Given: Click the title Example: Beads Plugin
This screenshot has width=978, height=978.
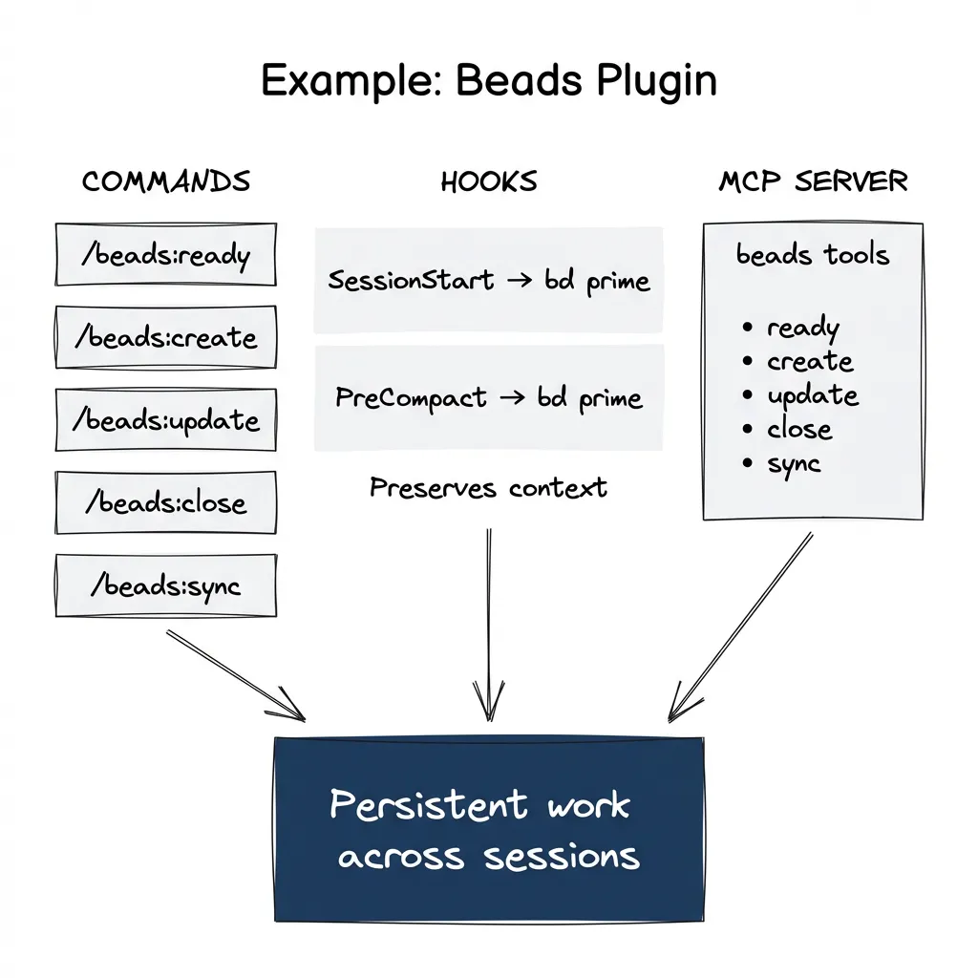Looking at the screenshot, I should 488,82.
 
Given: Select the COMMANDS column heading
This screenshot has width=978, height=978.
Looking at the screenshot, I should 166,181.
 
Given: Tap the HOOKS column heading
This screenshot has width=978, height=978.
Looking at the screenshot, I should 489,181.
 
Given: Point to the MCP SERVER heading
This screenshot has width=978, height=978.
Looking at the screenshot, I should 813,181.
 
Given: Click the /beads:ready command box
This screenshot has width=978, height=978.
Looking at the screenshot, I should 166,255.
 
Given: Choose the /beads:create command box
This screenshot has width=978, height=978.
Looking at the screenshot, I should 166,338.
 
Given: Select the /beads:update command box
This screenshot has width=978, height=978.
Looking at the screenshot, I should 166,420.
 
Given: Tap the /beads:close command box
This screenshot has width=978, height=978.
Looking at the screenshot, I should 166,503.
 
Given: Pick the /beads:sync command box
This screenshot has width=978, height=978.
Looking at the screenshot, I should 166,585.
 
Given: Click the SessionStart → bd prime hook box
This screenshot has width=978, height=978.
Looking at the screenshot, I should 488,281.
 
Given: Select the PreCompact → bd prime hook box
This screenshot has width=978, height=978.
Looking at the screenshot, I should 488,398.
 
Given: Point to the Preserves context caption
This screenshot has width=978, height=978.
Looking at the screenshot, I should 488,488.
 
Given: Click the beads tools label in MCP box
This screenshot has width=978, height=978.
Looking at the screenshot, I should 813,255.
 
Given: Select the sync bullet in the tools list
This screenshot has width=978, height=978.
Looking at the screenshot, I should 793,465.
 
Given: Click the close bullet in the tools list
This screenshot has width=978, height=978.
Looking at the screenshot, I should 798,430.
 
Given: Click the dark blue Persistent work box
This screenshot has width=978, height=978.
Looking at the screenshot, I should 488,829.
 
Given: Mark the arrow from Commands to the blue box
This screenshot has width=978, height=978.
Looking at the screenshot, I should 236,675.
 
